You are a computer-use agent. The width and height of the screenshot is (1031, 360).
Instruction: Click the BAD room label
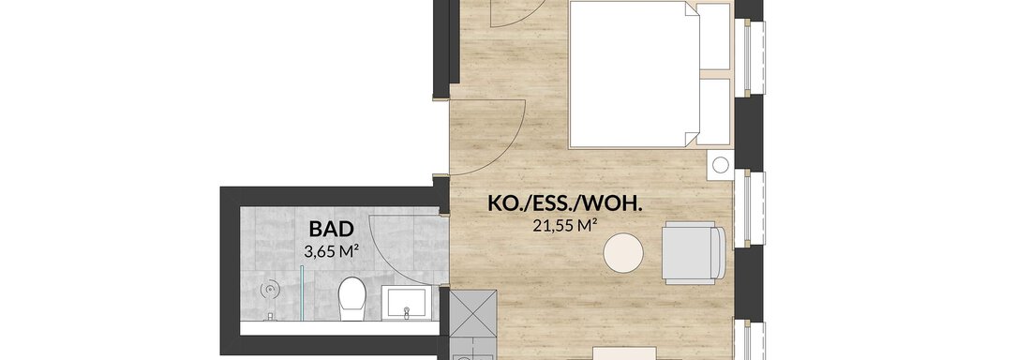[x=332, y=229]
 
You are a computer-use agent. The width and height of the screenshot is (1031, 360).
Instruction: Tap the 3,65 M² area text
[x=332, y=250]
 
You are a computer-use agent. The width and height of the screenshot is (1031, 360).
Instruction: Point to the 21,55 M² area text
[x=565, y=226]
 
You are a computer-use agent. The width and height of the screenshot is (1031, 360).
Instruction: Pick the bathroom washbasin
[x=408, y=302]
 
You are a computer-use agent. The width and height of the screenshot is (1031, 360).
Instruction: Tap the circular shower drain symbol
[x=270, y=289]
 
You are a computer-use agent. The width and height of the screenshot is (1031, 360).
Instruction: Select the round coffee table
[x=623, y=252]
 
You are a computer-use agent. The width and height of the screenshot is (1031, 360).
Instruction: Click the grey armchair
[x=693, y=253]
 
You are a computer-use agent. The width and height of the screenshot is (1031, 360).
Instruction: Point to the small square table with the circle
[x=720, y=164]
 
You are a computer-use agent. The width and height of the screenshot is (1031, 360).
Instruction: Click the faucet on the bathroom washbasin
[x=408, y=310]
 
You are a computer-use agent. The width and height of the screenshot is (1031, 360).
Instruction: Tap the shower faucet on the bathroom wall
[x=270, y=317]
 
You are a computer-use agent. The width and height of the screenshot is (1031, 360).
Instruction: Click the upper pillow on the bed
[x=713, y=37]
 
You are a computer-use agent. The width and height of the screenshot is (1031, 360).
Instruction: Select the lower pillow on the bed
[x=713, y=112]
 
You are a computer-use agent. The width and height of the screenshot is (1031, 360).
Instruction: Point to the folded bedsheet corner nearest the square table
[x=691, y=138]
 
